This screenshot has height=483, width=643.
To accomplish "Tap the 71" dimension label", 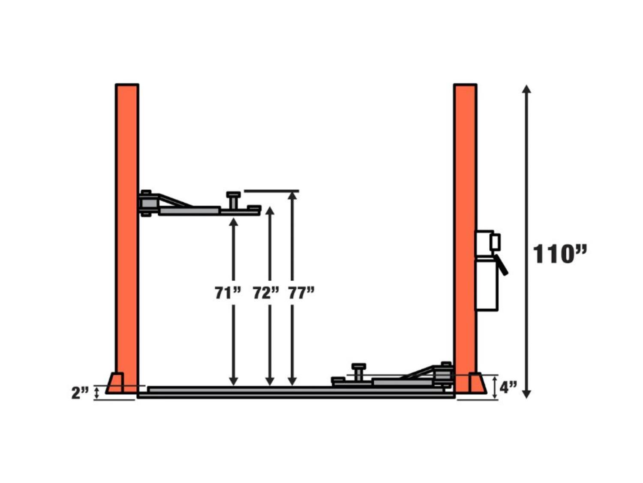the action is point(228,293).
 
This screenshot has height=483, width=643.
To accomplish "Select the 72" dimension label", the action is point(266,293).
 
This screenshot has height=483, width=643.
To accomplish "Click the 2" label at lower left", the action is point(80,393).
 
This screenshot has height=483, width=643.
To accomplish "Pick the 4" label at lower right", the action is point(508,387).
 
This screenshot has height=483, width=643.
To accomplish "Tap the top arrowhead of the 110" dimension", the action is point(526,89).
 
